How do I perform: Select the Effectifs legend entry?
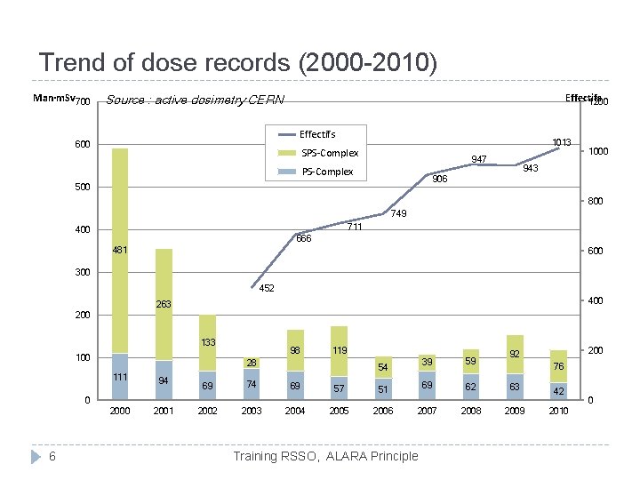tap(317, 135)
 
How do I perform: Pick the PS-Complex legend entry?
tap(327, 172)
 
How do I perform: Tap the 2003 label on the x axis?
tap(252, 411)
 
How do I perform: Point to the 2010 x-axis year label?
tap(558, 411)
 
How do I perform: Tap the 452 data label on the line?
tap(267, 288)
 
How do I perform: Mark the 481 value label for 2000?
tap(120, 251)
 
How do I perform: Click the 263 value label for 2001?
tap(164, 305)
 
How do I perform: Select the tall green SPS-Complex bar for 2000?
tap(120, 249)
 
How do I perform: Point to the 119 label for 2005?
tap(339, 351)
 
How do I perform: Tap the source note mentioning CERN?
tap(195, 100)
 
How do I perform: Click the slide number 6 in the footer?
tap(52, 456)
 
